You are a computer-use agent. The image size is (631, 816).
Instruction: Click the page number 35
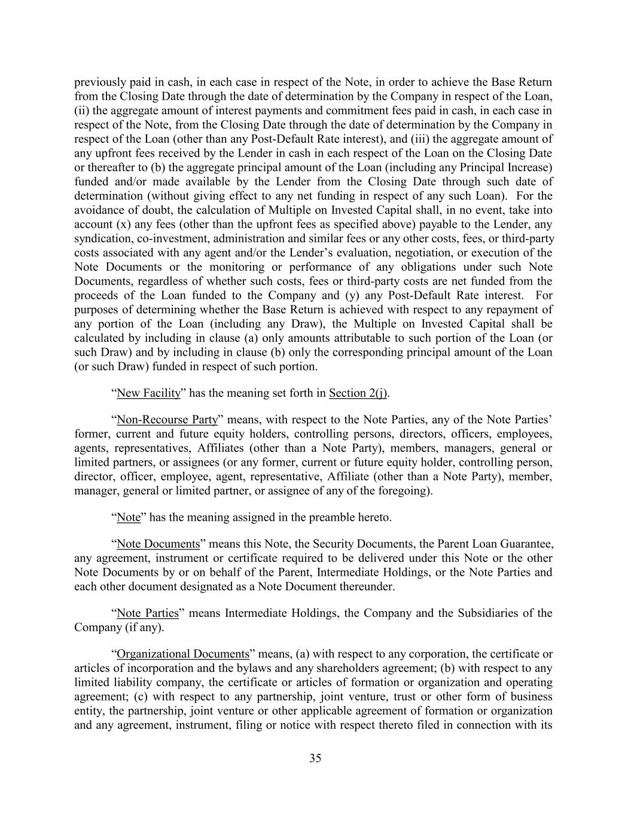[315, 759]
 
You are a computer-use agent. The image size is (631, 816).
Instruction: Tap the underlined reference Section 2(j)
[358, 393]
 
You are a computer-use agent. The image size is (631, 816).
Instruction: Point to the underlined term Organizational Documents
[182, 653]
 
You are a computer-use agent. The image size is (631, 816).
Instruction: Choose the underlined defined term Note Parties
[148, 613]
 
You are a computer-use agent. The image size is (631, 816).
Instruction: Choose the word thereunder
[366, 586]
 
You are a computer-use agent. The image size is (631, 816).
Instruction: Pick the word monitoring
[243, 267]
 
